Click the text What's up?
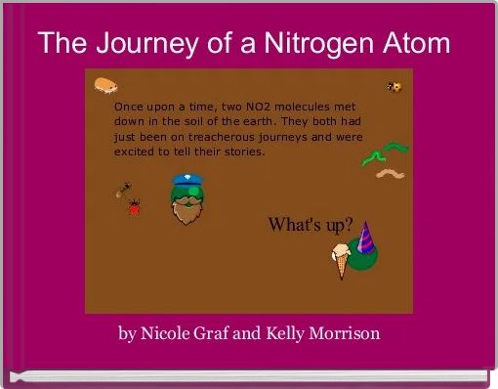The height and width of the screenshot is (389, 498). click(311, 224)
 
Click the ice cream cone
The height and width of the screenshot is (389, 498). click(341, 260)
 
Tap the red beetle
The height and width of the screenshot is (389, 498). click(134, 206)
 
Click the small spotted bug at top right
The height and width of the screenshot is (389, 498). click(394, 87)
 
